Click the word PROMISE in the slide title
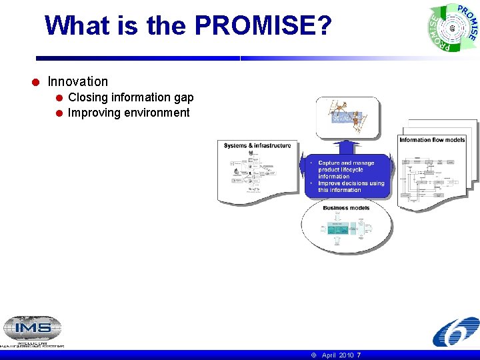coord(263,26)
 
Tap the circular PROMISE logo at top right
coord(453,28)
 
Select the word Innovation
coord(77,81)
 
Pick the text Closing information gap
coord(131,97)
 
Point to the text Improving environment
coord(129,113)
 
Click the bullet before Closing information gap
coord(59,98)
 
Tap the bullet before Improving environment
coord(59,113)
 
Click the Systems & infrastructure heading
coord(257,145)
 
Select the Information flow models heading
coord(432,139)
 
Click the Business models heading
coord(346,208)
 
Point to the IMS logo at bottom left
coord(32,331)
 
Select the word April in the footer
coord(329,355)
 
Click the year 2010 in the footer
coord(346,355)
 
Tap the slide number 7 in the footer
coord(359,355)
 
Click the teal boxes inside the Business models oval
coord(341,229)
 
